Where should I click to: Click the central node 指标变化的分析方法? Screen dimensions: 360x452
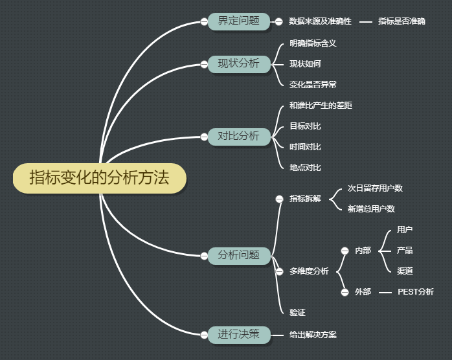coord(99,178)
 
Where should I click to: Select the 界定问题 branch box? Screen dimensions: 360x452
coord(238,21)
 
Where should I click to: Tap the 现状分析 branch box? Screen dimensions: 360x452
coord(238,63)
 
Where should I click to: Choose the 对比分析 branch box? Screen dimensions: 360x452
coord(238,136)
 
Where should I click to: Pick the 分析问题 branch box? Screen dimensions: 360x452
coord(238,255)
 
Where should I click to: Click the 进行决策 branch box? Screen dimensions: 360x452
coord(238,334)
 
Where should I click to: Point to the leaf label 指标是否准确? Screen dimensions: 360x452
coord(401,21)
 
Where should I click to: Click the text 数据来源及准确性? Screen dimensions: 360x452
coord(320,21)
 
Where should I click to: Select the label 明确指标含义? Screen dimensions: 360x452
coord(313,43)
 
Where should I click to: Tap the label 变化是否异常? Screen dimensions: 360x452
coord(313,84)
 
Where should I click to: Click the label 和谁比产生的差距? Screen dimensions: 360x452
coord(321,105)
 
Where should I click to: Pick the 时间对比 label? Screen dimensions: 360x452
coord(305,146)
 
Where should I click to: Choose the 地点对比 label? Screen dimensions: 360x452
coord(305,167)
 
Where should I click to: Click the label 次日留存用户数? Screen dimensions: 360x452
coord(375,188)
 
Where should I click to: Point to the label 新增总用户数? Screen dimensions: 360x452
coord(371,208)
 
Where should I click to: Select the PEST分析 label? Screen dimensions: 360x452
coord(415,291)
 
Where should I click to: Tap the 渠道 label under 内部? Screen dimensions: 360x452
coord(405,271)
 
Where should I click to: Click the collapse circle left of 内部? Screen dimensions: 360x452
coord(345,251)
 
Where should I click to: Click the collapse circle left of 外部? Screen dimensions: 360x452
coord(345,292)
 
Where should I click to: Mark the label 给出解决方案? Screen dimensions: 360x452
coord(313,335)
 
